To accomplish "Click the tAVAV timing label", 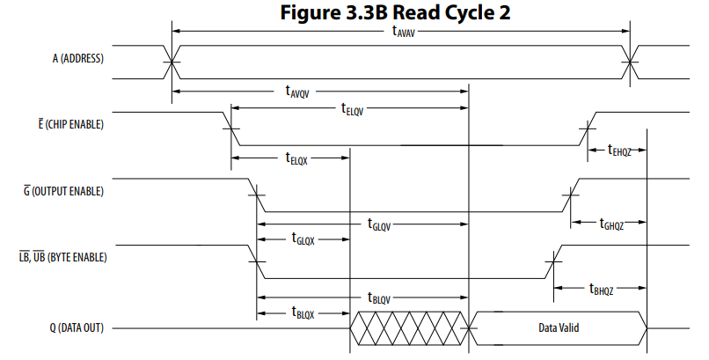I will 404,31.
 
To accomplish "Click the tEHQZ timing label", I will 618,151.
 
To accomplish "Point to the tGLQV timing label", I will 378,224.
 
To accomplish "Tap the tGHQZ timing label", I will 610,224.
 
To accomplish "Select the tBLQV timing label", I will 378,298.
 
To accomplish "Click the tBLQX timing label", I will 302,312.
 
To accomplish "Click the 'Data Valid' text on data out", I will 559,328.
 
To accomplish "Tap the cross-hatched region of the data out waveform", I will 409,328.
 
